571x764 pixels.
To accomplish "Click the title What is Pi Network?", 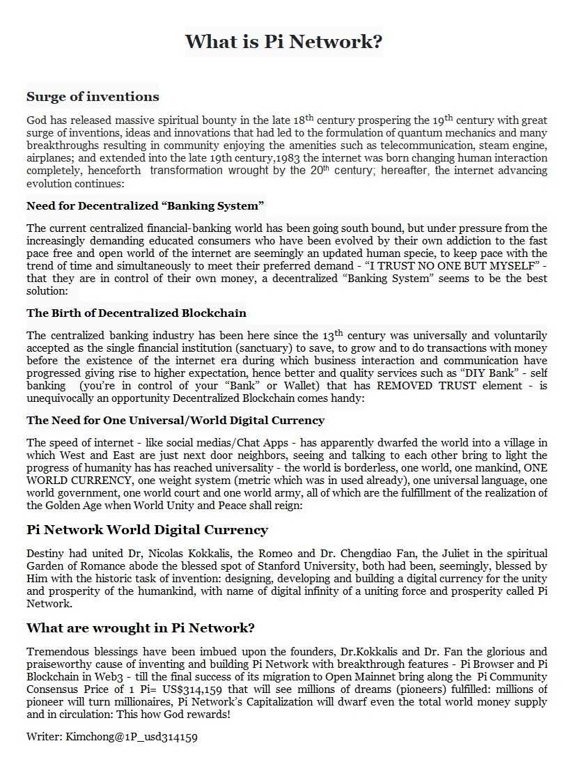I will pyautogui.click(x=284, y=42).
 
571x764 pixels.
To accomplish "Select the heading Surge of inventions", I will pyautogui.click(x=93, y=97).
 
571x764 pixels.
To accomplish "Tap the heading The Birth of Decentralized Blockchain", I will pyautogui.click(x=136, y=313).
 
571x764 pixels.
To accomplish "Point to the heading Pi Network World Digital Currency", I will pyautogui.click(x=147, y=530).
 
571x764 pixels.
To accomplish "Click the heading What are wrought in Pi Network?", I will pyautogui.click(x=141, y=628).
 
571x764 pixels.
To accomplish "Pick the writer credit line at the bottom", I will pyautogui.click(x=116, y=736).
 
